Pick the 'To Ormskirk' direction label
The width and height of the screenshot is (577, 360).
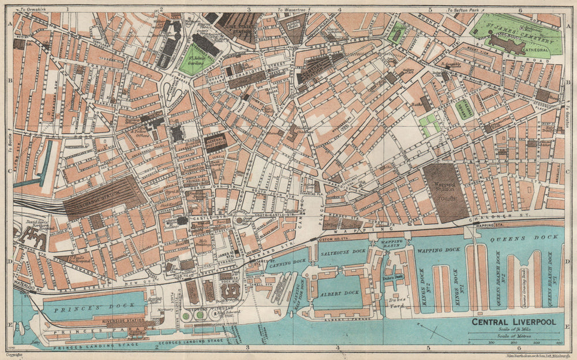[34, 10]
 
